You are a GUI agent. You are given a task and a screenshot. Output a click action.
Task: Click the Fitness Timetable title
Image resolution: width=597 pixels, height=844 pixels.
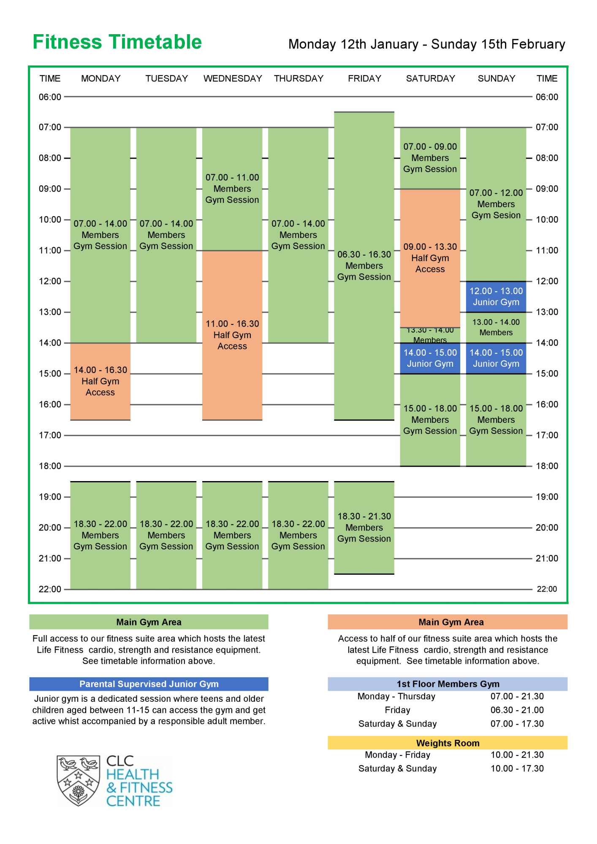coord(117,42)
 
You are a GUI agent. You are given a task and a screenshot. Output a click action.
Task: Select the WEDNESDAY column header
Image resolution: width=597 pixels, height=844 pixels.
coord(233,78)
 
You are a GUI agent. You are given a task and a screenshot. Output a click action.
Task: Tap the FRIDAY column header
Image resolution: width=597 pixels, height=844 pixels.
coord(364,78)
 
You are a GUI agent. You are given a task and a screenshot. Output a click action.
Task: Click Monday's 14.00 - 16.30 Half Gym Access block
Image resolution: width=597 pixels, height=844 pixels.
coord(100,381)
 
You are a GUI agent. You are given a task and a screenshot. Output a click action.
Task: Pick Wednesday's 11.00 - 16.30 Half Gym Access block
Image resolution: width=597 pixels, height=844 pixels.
coord(232,335)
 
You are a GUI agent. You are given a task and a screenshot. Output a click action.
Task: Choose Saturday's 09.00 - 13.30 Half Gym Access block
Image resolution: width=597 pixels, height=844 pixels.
coord(430,258)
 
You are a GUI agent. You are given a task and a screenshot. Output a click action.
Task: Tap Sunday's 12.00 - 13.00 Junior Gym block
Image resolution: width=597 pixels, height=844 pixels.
coord(496,297)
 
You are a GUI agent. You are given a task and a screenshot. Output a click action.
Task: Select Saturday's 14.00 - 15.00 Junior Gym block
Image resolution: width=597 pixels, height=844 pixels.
coord(430,358)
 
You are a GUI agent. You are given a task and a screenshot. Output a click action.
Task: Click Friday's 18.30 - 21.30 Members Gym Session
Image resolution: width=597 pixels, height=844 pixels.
coord(364,527)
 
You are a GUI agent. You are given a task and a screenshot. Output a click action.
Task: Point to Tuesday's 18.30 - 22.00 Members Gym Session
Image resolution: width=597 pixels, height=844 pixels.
coord(166,535)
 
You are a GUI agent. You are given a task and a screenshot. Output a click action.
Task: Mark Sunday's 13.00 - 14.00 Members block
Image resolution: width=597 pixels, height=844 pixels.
coord(496,327)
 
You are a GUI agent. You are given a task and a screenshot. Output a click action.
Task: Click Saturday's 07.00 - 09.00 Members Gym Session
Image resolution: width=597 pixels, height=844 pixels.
coord(430,158)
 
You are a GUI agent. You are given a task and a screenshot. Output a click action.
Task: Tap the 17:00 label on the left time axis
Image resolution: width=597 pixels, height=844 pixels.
coord(50,435)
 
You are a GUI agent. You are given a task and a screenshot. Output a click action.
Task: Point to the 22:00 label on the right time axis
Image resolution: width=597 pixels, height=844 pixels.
coord(547,589)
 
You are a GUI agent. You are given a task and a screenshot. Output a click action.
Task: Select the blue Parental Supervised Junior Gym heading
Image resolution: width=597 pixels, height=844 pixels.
coord(149,684)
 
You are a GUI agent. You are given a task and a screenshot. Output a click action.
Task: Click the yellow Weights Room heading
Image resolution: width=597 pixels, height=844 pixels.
coord(448,743)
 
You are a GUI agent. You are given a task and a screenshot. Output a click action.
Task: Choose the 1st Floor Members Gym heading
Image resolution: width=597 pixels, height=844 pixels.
coord(448,684)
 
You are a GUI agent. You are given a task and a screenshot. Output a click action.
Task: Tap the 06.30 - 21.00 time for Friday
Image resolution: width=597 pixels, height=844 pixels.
coord(517,710)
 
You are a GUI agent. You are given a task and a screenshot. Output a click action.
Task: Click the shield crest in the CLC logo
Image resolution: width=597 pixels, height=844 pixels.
coord(79,781)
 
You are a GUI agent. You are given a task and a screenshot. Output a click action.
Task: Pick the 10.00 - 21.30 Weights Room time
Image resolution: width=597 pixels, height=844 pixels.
coord(517,755)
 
